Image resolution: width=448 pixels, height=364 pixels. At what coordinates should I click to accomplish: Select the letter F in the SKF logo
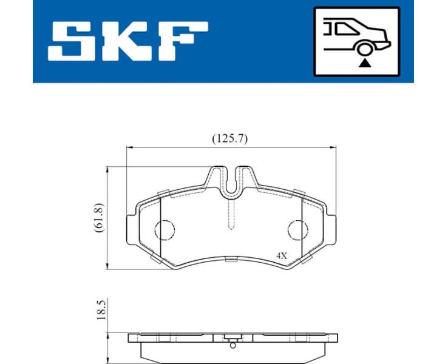tap(181, 41)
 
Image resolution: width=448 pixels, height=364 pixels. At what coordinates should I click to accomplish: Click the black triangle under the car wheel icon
tap(364, 62)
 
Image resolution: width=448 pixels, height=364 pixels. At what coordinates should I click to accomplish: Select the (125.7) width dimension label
tap(230, 138)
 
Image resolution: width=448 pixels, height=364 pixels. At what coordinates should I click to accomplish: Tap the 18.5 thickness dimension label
tap(101, 309)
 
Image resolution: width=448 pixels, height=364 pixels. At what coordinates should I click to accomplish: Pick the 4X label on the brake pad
tap(281, 256)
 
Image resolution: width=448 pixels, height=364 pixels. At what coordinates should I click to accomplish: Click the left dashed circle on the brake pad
tap(165, 229)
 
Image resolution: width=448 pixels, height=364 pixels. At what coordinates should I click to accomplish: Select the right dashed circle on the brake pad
tap(297, 229)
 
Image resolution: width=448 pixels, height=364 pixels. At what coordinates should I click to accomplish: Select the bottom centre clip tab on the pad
tap(231, 260)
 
